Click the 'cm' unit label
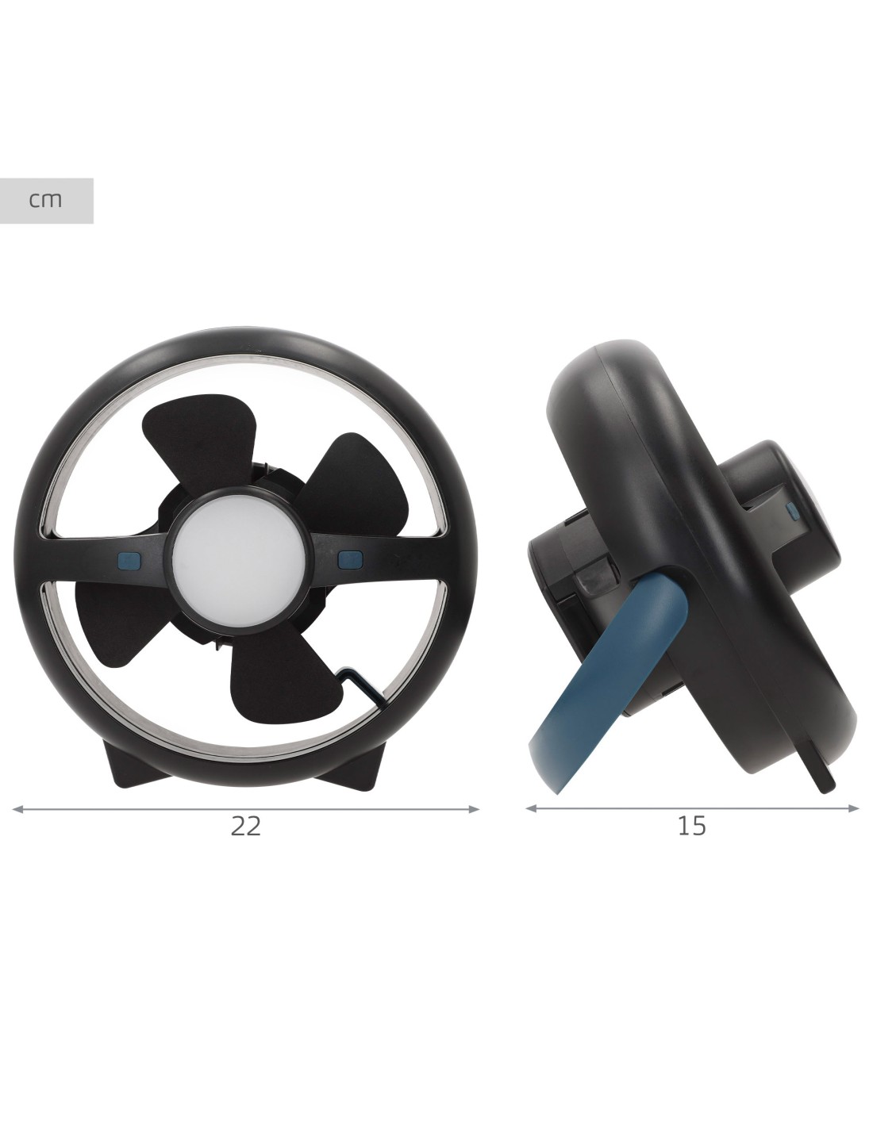pyautogui.click(x=46, y=200)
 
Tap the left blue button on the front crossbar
pyautogui.click(x=130, y=559)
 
